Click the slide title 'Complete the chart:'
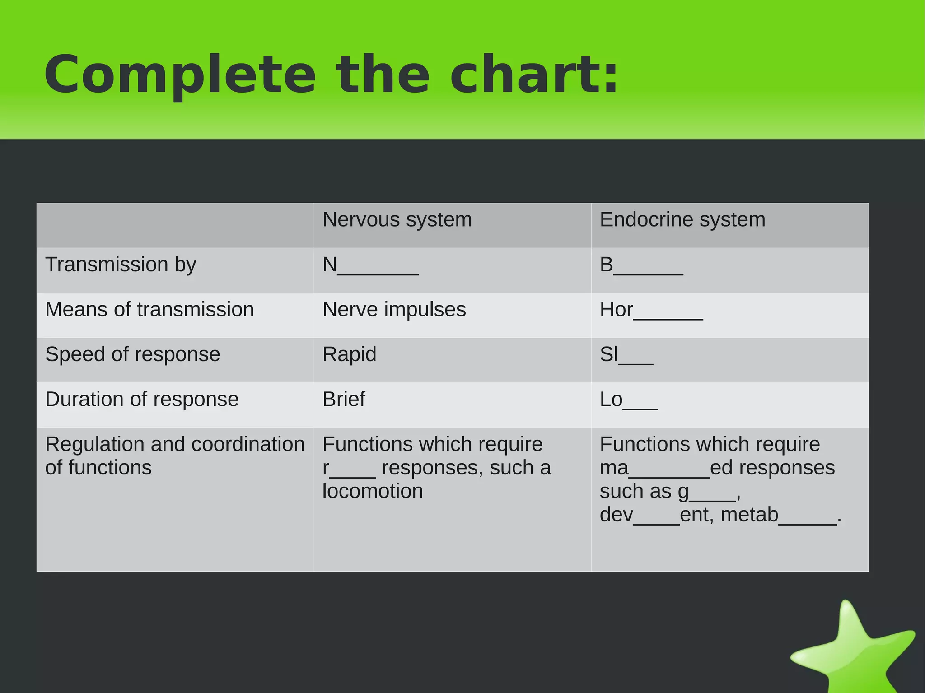click(331, 74)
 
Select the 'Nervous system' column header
click(397, 220)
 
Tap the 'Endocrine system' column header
click(682, 220)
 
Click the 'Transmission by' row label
click(121, 265)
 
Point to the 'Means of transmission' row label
click(149, 310)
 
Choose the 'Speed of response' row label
click(132, 354)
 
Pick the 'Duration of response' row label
click(142, 400)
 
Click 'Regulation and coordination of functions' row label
click(174, 456)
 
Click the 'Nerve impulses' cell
click(394, 310)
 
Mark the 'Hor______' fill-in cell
click(651, 310)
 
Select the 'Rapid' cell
click(349, 354)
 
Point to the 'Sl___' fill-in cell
click(626, 355)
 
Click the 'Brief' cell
click(343, 400)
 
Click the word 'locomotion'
click(373, 491)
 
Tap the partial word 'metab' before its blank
click(749, 515)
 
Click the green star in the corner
click(854, 650)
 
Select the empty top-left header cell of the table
click(175, 225)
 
